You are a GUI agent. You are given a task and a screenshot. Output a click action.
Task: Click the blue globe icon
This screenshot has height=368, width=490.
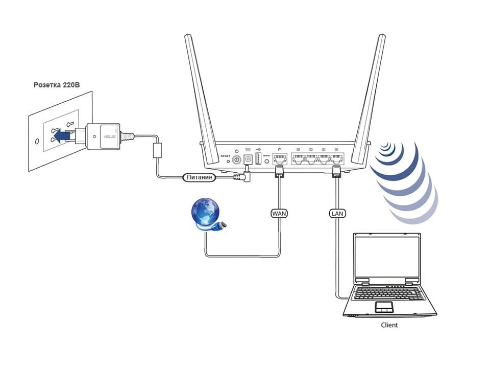click(205, 213)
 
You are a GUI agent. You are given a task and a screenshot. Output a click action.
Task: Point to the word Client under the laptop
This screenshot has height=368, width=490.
click(389, 325)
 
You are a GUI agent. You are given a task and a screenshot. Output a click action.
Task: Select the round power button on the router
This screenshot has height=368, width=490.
click(236, 159)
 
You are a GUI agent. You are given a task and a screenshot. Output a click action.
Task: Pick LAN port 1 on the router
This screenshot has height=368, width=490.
click(299, 158)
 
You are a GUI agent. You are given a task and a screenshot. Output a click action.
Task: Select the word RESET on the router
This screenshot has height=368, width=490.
click(226, 155)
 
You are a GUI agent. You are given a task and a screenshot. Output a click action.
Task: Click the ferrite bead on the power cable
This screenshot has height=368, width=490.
click(158, 151)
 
